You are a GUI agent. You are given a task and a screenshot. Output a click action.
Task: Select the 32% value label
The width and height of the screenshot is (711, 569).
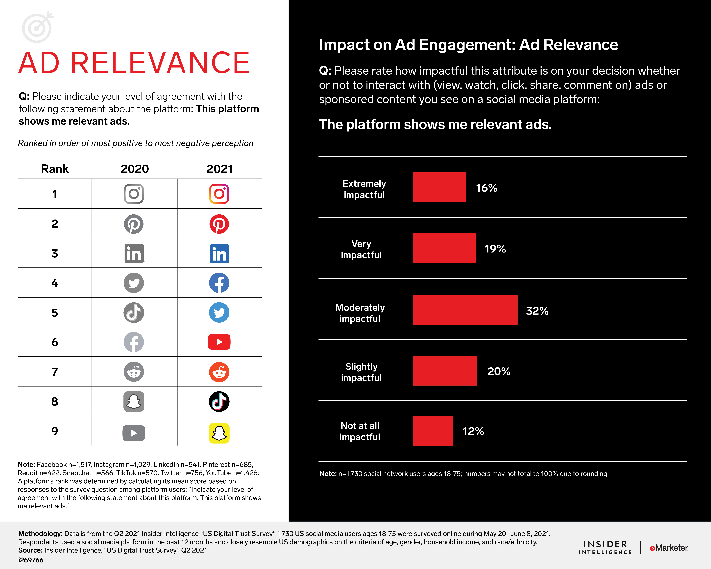(537, 311)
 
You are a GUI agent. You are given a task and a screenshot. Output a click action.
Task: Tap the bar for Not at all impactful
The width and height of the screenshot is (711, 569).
(433, 431)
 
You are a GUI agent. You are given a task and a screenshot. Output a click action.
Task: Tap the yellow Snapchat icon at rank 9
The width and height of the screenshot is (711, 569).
(219, 433)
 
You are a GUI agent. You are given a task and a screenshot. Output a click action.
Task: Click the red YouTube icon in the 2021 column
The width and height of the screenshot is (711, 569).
(219, 342)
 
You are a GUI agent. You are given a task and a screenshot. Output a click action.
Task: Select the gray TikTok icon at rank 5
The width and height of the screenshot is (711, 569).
(134, 312)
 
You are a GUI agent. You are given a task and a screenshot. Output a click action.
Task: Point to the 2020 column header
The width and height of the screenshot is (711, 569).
(134, 169)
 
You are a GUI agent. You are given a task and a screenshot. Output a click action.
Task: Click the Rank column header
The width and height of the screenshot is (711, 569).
(55, 169)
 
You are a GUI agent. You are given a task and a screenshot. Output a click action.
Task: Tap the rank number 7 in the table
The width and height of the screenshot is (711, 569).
(55, 372)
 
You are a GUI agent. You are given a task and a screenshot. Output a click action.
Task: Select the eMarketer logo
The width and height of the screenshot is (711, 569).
(669, 548)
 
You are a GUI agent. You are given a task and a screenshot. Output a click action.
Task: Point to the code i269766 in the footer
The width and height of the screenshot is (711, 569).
(31, 560)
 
